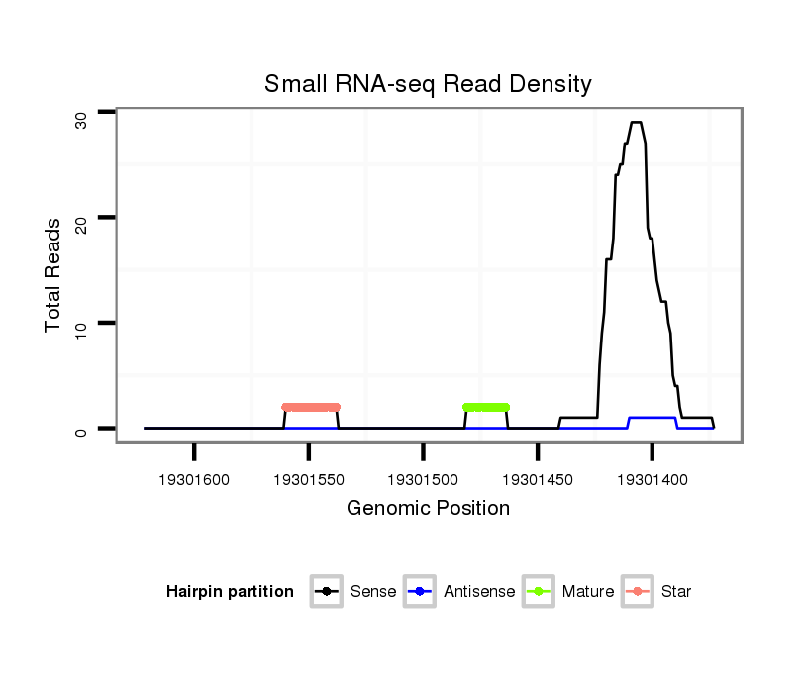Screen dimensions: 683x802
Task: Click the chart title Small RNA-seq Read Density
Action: click(x=428, y=84)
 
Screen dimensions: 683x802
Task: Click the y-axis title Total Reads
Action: click(x=54, y=275)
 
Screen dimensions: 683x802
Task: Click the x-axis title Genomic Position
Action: click(x=428, y=509)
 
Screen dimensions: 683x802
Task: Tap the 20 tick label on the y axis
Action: click(x=82, y=225)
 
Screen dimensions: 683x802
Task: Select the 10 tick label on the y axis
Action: click(x=82, y=329)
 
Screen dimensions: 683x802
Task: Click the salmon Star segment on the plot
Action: click(x=311, y=407)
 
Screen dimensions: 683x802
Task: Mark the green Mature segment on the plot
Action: click(x=486, y=407)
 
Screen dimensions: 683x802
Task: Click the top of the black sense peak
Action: click(x=637, y=122)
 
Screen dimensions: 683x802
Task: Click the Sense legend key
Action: click(x=327, y=592)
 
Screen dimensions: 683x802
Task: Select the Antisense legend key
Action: click(x=420, y=592)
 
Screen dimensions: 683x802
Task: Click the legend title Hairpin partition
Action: click(x=230, y=592)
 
